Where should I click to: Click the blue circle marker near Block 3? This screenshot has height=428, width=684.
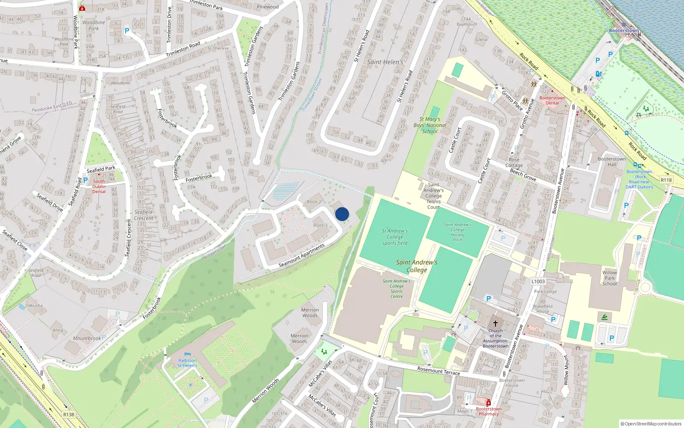click(x=342, y=214)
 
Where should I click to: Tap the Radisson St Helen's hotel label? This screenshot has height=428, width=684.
click(x=187, y=363)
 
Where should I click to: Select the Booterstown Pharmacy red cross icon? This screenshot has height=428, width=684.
click(x=489, y=403)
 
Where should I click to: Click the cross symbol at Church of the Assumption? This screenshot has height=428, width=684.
click(x=495, y=324)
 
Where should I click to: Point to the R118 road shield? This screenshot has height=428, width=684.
click(x=666, y=180)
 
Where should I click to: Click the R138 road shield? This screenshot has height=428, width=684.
click(x=68, y=414)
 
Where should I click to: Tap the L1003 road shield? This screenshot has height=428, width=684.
click(x=538, y=281)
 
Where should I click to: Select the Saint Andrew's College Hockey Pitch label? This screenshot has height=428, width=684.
click(x=457, y=232)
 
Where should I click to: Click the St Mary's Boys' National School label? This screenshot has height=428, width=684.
click(x=430, y=125)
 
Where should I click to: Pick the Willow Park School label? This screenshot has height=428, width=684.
click(x=610, y=278)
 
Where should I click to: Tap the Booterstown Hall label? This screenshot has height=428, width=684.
click(x=612, y=161)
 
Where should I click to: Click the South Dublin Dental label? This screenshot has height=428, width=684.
click(x=99, y=186)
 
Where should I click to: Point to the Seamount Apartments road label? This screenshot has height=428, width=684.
click(x=301, y=256)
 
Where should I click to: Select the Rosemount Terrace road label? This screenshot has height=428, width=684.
click(x=439, y=371)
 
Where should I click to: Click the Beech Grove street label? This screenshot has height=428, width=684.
click(x=523, y=175)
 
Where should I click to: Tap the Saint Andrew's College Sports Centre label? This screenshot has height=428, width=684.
click(x=396, y=288)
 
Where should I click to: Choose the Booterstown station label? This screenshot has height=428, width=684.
click(x=624, y=31)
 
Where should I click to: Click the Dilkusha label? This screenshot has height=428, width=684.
click(x=34, y=306)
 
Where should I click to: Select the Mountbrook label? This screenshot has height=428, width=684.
click(x=87, y=338)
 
